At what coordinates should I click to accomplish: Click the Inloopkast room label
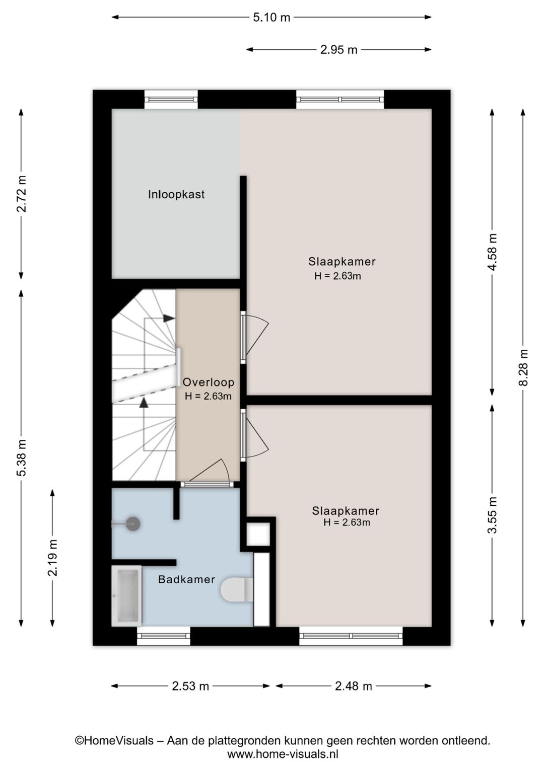[x=176, y=194]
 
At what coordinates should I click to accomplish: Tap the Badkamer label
[x=186, y=579]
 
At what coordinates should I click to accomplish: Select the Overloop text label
[x=209, y=382]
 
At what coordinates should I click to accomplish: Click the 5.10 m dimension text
[x=271, y=17]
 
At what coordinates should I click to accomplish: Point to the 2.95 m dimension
[x=339, y=50]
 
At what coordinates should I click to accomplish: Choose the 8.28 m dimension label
[x=523, y=367]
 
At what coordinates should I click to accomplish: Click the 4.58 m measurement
[x=492, y=252]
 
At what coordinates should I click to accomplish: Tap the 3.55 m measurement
[x=492, y=515]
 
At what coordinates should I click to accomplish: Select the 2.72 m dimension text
[x=21, y=194]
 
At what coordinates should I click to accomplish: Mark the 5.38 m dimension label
[x=21, y=457]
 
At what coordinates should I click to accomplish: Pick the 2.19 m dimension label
[x=52, y=558]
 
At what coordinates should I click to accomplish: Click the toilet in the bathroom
[x=237, y=589]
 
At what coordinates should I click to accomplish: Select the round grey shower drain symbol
[x=133, y=524]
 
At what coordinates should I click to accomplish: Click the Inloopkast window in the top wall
[x=171, y=100]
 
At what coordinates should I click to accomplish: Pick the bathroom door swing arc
[x=226, y=470]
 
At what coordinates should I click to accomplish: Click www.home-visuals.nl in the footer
[x=283, y=754]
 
